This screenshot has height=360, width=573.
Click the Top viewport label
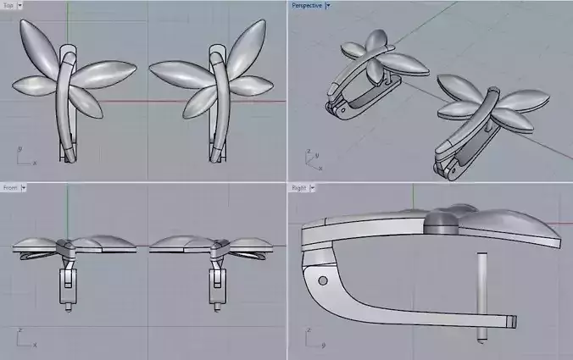click(7, 5)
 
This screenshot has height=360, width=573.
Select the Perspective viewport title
click(306, 5)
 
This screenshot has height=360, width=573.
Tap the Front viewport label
click(9, 187)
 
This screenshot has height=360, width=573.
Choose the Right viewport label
click(298, 187)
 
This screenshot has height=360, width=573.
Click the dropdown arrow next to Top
click(19, 5)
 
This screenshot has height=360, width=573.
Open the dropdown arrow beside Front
click(24, 187)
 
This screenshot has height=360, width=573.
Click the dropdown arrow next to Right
click(312, 187)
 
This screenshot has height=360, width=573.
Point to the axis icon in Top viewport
click(24, 157)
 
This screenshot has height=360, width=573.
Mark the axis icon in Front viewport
click(24, 339)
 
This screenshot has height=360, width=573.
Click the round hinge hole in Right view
click(322, 280)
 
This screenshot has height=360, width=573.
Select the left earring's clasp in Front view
click(65, 284)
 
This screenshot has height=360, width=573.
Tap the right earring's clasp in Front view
click(213, 284)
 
